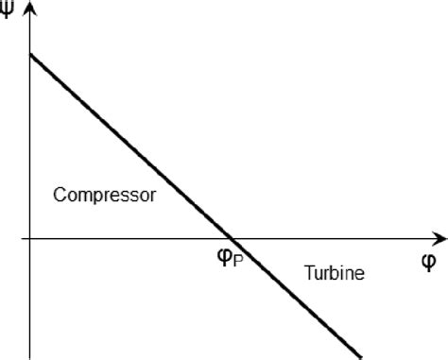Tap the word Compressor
pyautogui.click(x=104, y=196)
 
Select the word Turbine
pyautogui.click(x=334, y=273)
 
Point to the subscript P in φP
pyautogui.click(x=237, y=259)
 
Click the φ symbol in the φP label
pyautogui.click(x=225, y=254)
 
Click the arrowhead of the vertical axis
pyautogui.click(x=30, y=9)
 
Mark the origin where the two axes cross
pyautogui.click(x=30, y=238)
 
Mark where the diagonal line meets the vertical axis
pyautogui.click(x=30, y=55)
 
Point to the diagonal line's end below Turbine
pyautogui.click(x=360, y=357)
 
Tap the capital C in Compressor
pyautogui.click(x=60, y=196)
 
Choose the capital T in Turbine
pyautogui.click(x=308, y=273)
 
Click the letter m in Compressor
pyautogui.click(x=82, y=197)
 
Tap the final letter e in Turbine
pyautogui.click(x=359, y=274)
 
